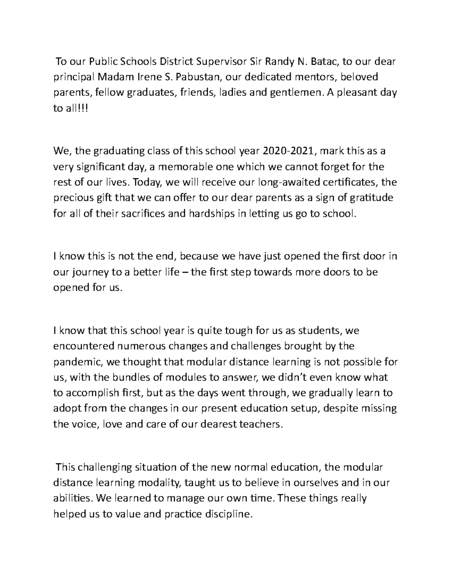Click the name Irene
[x=151, y=77]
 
